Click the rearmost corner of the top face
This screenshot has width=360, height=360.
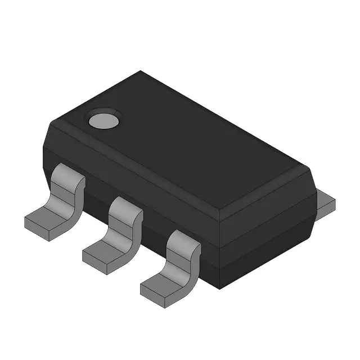pos(141,71)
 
